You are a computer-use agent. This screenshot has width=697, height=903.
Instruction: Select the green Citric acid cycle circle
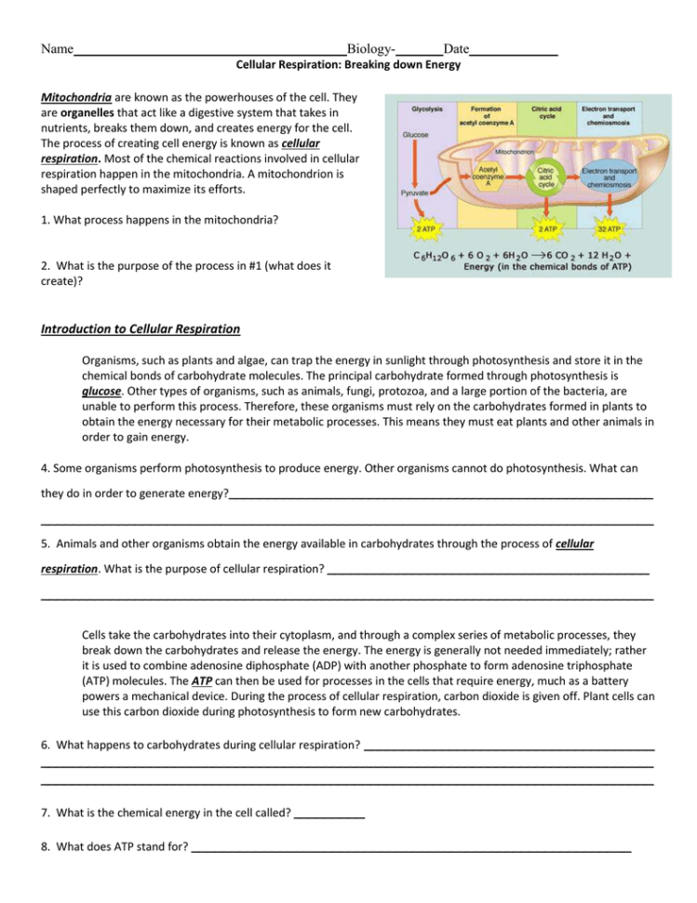point(546,176)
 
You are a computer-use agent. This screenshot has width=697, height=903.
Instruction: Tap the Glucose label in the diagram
point(416,134)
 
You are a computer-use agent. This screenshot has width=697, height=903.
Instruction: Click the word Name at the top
point(57,48)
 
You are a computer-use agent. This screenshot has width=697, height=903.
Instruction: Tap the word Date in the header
point(456,48)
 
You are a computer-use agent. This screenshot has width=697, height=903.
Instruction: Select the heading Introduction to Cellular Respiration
point(141,329)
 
